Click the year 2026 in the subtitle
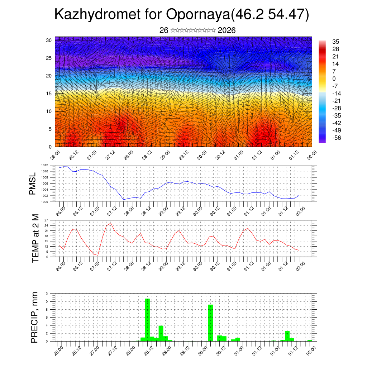(227, 30)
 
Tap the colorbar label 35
(336, 42)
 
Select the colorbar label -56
(337, 138)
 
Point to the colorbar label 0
(334, 78)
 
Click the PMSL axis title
(33, 183)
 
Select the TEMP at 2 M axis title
(35, 238)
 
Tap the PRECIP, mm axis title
(34, 317)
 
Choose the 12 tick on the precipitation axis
(46, 294)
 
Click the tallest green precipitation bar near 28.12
(147, 320)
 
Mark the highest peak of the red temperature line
(110, 223)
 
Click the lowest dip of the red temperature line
(98, 255)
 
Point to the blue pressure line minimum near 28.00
(124, 200)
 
